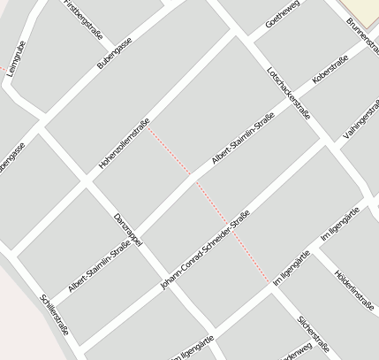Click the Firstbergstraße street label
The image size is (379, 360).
[84, 19]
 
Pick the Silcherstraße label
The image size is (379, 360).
[313, 333]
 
